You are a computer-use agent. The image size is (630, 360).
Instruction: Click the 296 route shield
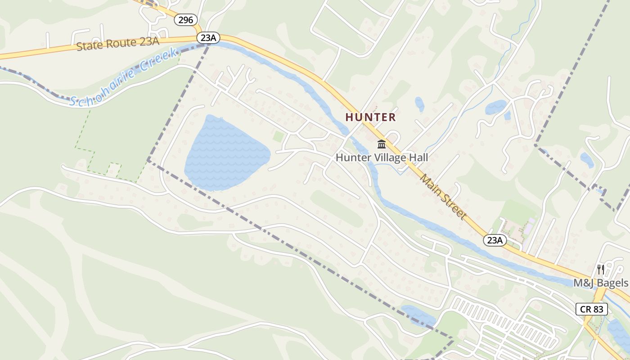[185, 20]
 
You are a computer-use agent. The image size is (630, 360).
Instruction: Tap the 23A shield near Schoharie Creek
[208, 38]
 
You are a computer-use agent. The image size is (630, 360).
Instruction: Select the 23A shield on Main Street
[495, 240]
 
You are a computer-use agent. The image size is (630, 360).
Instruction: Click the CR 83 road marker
[591, 309]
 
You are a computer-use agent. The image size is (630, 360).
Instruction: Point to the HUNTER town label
[370, 117]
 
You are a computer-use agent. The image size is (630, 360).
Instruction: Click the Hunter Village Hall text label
[382, 157]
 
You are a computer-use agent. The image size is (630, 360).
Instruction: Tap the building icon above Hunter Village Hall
[382, 144]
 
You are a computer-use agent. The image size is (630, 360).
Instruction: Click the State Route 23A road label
[118, 44]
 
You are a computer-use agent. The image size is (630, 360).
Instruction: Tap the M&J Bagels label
[600, 283]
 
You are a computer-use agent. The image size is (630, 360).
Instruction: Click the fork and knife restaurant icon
[600, 270]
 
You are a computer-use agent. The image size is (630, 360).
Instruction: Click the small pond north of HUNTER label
[419, 104]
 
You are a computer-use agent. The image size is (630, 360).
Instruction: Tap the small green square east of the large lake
[279, 135]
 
